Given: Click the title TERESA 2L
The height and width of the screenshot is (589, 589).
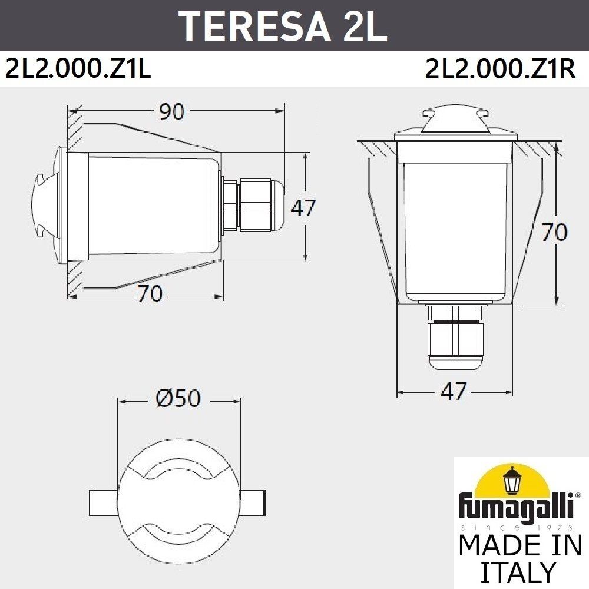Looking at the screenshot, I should click(283, 25).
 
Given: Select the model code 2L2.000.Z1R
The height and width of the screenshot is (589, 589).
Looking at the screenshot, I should click(499, 70).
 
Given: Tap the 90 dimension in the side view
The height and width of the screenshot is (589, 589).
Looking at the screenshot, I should click(173, 111).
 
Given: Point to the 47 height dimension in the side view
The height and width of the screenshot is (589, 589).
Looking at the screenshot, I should click(304, 207).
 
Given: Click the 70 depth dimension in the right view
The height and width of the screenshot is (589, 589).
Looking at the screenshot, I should click(554, 232).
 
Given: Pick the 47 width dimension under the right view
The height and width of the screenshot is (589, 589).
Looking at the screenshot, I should click(454, 391).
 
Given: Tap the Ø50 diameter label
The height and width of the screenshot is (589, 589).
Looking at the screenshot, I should click(178, 399).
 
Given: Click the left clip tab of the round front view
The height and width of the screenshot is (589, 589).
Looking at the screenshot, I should click(104, 501).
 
